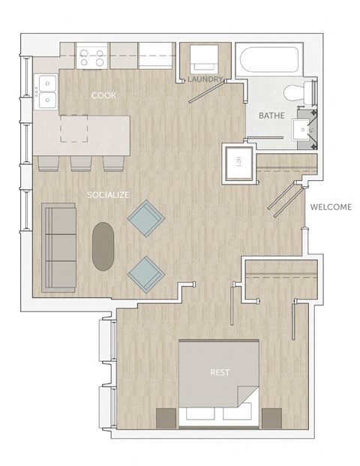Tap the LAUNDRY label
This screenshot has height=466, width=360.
(205, 79)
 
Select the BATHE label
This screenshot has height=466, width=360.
(271, 116)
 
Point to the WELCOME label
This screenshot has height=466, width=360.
(330, 207)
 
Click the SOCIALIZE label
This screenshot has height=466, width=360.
(108, 195)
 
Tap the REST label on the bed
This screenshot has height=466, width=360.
(220, 371)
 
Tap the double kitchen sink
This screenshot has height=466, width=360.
(46, 90)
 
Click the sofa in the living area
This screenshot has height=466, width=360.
(58, 245)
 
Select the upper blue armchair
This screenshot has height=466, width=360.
(145, 219)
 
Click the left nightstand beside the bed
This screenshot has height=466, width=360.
(165, 418)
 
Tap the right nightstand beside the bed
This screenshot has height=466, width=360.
(270, 418)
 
